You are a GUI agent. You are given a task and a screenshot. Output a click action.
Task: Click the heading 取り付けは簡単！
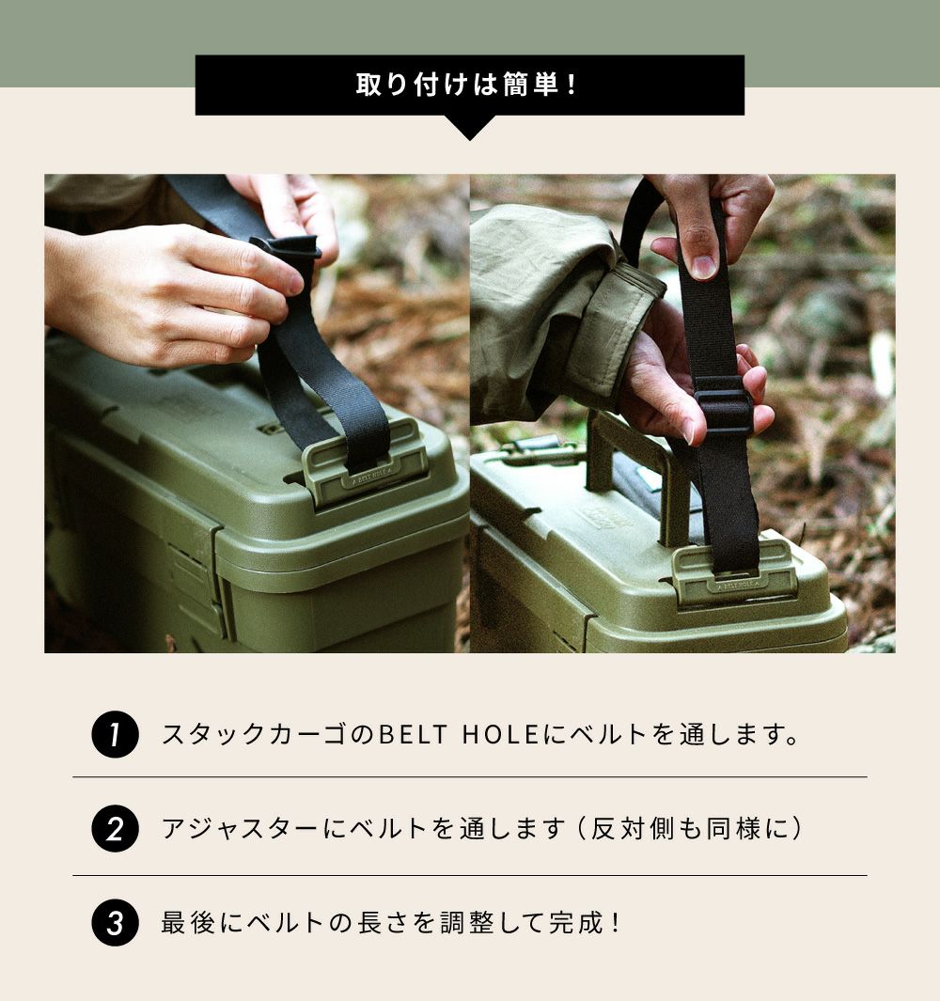click(x=468, y=85)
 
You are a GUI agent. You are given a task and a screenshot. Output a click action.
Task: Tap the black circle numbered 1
click(x=115, y=734)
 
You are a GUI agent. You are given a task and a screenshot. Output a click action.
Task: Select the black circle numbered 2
click(x=115, y=829)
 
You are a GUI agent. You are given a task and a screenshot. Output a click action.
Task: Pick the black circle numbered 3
click(x=115, y=922)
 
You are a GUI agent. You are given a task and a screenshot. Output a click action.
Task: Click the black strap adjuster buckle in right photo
click(x=724, y=403)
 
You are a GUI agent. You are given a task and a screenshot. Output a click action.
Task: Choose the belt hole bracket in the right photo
click(x=734, y=571)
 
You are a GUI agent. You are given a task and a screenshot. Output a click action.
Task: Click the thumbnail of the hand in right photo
click(x=704, y=267)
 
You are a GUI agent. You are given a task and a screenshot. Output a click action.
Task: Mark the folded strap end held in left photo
click(x=286, y=249)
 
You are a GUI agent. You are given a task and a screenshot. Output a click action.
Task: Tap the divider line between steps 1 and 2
click(x=470, y=777)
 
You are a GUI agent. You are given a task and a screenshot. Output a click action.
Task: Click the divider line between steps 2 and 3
click(x=470, y=875)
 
